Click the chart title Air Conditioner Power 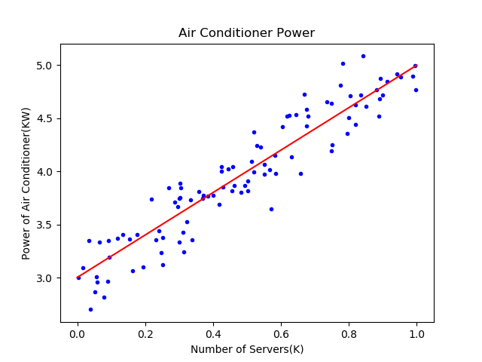246,33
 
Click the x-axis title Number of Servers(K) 246,349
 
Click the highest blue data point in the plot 363,56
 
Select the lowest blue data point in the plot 90,309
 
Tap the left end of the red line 78,278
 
